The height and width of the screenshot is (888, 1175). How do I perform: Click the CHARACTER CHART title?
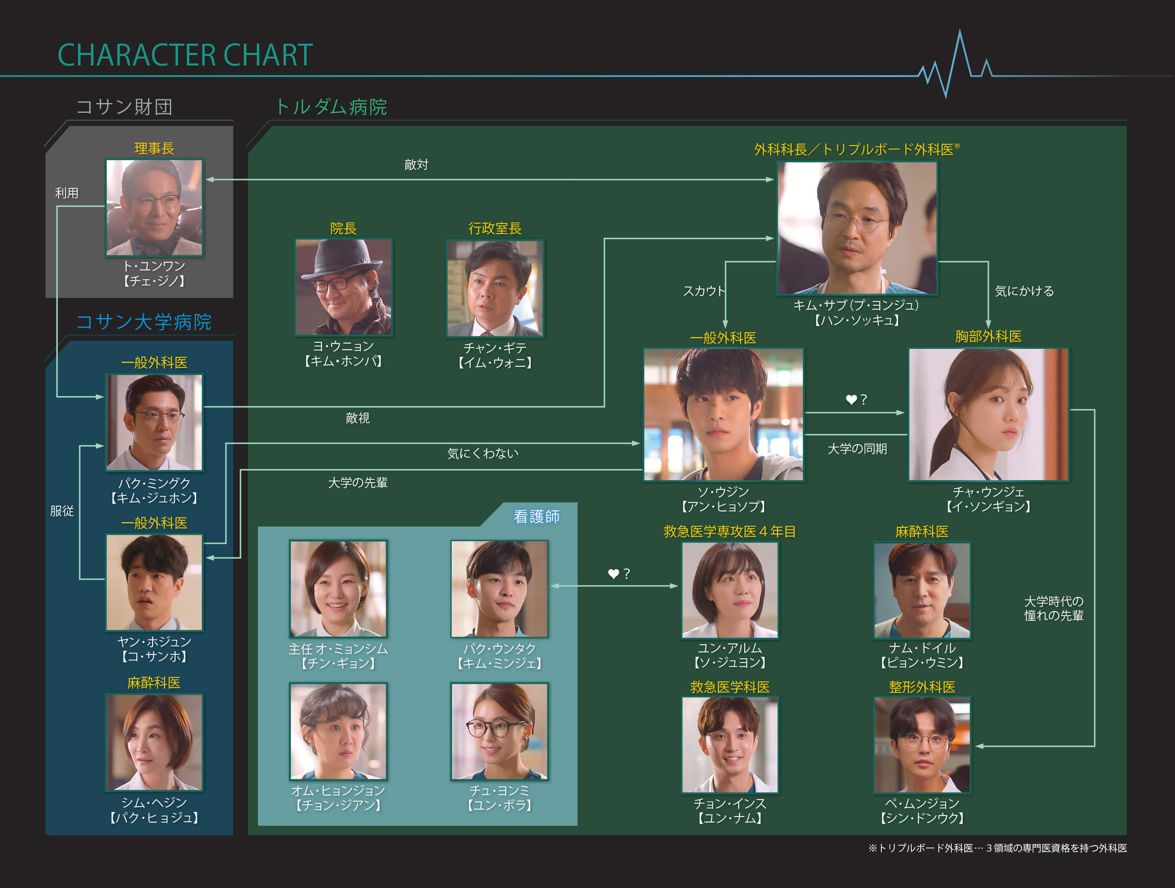tap(185, 55)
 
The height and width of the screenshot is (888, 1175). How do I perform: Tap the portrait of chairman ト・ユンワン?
tap(154, 207)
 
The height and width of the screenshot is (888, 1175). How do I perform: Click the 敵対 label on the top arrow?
tap(416, 165)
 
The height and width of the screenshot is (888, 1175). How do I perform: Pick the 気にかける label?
tap(1024, 291)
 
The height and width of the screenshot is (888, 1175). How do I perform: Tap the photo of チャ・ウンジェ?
tap(988, 414)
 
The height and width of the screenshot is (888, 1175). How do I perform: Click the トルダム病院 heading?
tap(331, 107)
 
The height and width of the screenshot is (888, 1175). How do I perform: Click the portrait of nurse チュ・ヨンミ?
tap(499, 731)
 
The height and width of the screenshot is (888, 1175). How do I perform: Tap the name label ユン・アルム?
tap(729, 648)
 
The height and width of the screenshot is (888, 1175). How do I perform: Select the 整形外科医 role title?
tap(922, 687)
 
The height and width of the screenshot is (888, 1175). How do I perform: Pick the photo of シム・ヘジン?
tap(154, 742)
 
